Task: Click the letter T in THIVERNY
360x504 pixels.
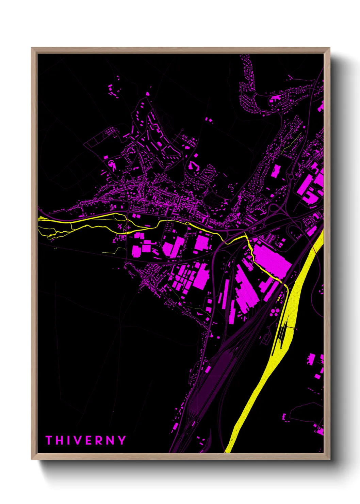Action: click(x=48, y=440)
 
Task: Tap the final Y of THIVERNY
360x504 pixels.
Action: click(x=122, y=440)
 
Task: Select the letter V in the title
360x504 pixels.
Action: click(x=77, y=440)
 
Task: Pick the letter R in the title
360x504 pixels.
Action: click(x=98, y=440)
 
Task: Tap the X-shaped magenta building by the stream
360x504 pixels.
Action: click(x=119, y=226)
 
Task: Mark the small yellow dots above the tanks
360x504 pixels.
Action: click(x=279, y=299)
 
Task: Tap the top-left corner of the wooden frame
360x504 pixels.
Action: click(x=32, y=48)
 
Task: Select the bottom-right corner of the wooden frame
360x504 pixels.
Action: click(x=329, y=459)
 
